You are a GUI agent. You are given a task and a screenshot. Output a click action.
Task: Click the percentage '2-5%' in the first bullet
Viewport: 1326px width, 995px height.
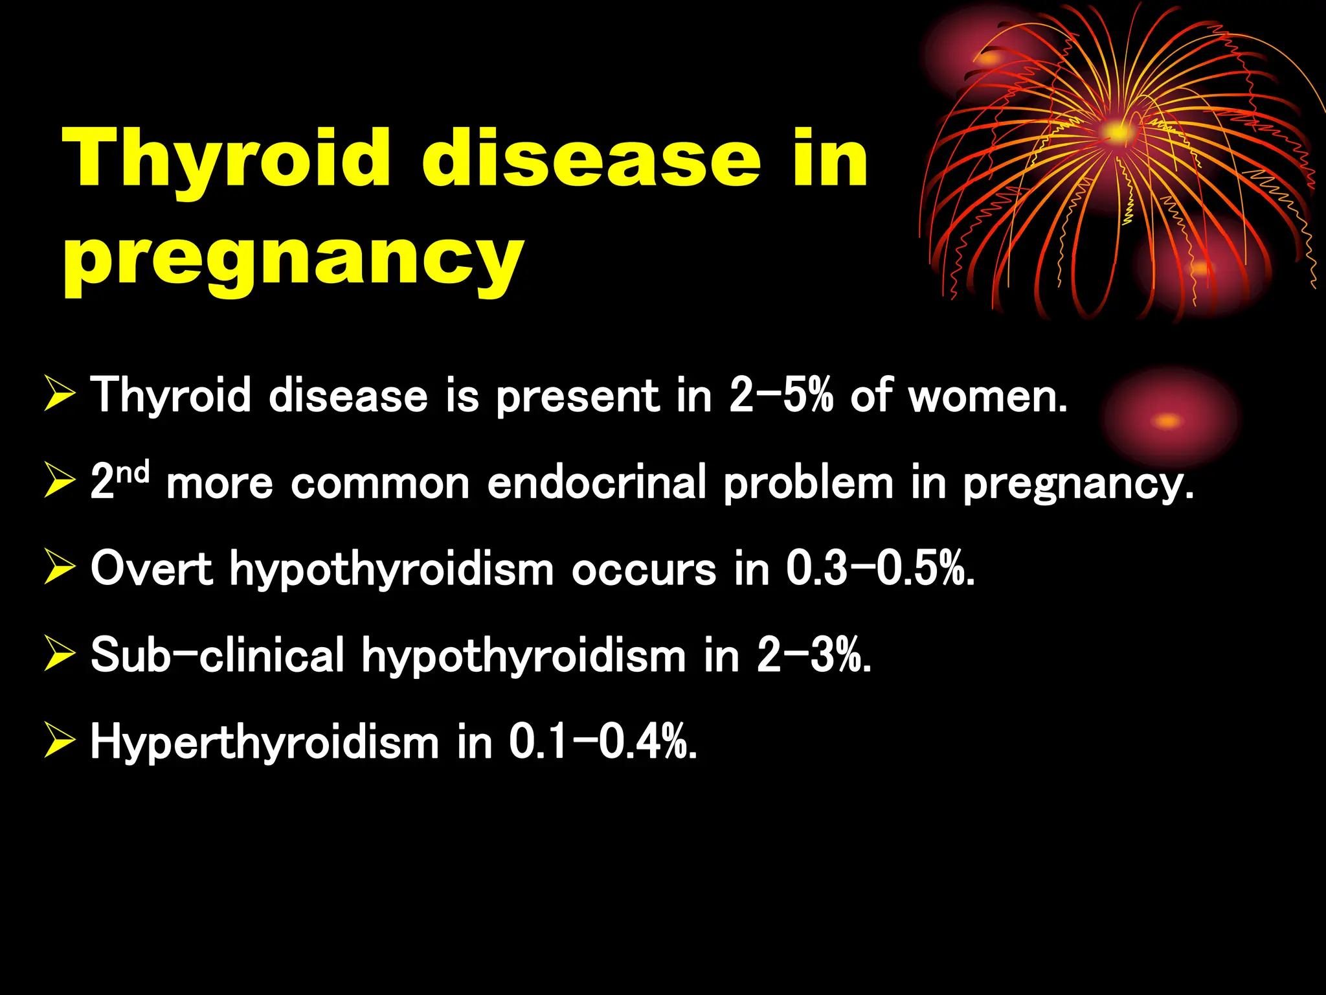pyautogui.click(x=781, y=395)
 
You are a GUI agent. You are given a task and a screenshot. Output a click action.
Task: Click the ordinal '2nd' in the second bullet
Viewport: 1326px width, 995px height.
pyautogui.click(x=120, y=481)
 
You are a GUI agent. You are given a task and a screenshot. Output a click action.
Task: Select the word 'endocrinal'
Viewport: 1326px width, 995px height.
pyautogui.click(x=596, y=483)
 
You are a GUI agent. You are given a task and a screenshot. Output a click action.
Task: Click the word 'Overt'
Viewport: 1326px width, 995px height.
pyautogui.click(x=152, y=569)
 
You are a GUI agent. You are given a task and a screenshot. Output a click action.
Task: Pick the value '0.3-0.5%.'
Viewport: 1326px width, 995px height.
pyautogui.click(x=881, y=569)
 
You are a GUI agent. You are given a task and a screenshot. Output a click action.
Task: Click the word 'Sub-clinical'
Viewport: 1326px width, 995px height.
pyautogui.click(x=218, y=655)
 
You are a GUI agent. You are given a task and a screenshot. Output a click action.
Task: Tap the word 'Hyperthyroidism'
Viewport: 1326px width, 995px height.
pyautogui.click(x=265, y=742)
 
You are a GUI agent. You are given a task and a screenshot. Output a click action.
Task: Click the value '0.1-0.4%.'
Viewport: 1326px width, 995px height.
pyautogui.click(x=603, y=742)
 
